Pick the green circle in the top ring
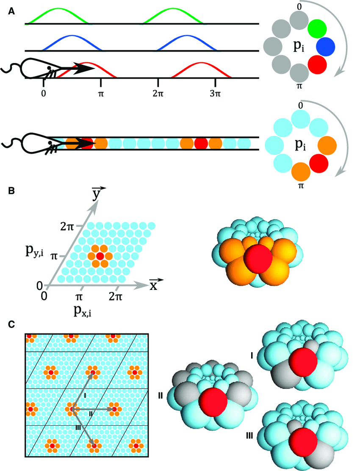317,28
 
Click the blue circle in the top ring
325,47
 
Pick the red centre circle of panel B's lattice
100,256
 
